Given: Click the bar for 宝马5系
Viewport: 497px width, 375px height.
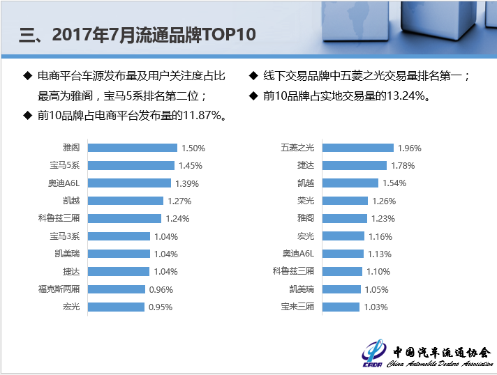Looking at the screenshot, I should tap(131, 166).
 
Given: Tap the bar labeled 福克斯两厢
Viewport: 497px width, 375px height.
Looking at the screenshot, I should tap(117, 289).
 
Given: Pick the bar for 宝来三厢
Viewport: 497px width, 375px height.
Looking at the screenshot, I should tap(341, 307).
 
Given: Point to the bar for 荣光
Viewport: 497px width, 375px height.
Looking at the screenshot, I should tap(345, 201).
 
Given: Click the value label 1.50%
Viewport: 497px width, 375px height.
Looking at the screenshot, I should tap(193, 148).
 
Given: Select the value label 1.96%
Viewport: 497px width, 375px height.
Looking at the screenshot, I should tap(410, 148).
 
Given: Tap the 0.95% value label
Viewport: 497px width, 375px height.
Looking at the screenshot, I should tap(160, 307).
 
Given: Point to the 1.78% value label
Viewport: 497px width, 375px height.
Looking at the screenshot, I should tap(403, 166).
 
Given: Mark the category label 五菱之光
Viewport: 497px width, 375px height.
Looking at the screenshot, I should tap(298, 148).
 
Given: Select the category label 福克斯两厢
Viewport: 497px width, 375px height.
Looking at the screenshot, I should tap(59, 289).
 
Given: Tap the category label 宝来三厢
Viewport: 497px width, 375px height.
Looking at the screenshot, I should tap(298, 307).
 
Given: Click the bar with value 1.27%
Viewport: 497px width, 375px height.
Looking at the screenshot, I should tap(127, 201).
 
